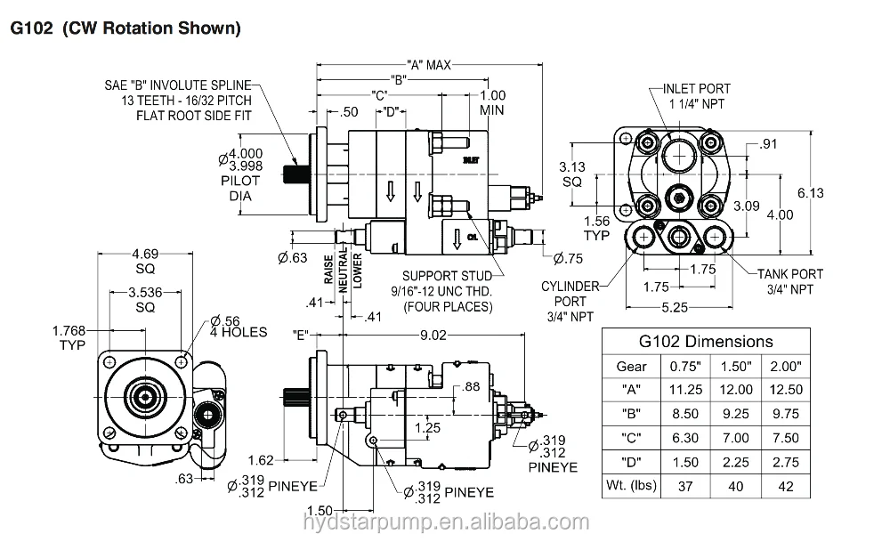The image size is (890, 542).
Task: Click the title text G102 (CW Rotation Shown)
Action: click(125, 28)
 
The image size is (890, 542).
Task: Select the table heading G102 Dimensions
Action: click(707, 341)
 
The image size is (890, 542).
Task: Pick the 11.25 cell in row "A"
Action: click(685, 390)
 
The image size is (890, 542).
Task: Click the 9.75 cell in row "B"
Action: click(786, 414)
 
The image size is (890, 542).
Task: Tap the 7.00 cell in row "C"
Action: click(736, 438)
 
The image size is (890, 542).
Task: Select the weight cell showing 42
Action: click(786, 486)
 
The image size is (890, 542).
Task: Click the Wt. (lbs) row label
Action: click(632, 486)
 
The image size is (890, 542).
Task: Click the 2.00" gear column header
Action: click(786, 366)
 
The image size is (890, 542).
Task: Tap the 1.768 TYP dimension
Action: click(69, 338)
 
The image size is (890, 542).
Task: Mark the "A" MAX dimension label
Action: click(430, 64)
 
